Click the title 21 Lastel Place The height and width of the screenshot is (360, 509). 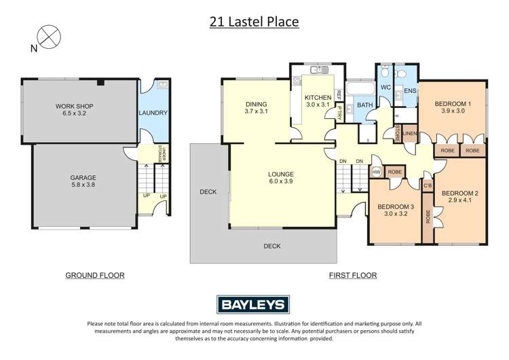click(x=254, y=22)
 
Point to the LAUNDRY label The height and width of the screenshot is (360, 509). click(x=153, y=113)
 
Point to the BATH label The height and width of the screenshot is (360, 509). click(x=365, y=105)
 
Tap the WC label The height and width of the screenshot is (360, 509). click(x=385, y=88)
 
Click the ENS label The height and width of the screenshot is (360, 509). click(x=410, y=90)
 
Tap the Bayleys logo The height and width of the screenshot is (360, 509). click(x=254, y=304)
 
